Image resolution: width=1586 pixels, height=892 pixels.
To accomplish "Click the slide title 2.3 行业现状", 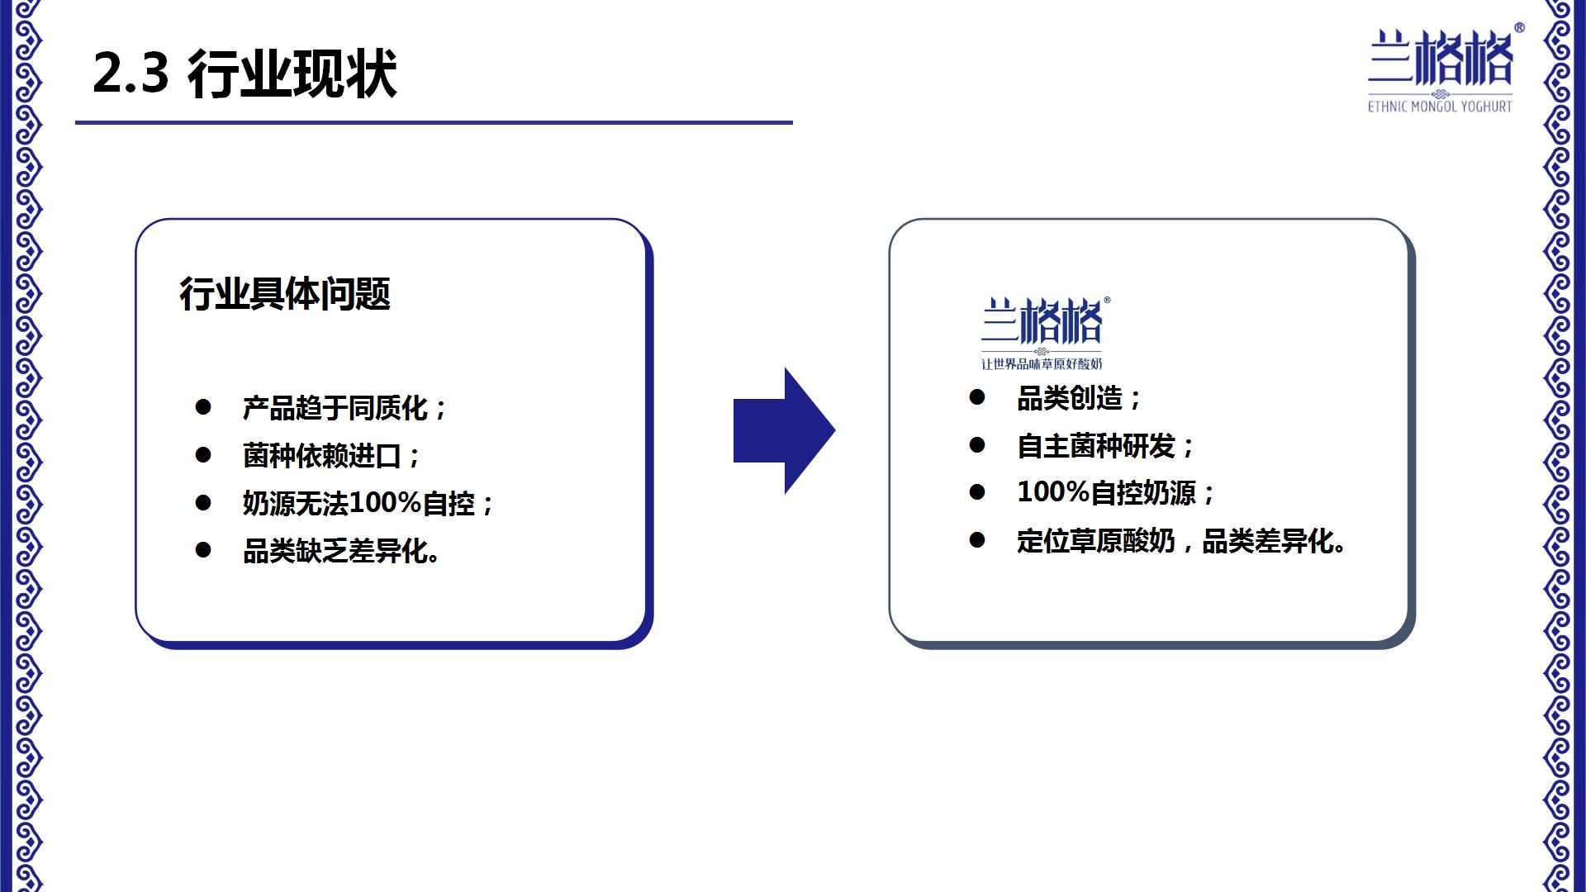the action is click(x=245, y=74).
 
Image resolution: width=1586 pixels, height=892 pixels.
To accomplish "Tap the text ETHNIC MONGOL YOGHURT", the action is click(x=1440, y=107).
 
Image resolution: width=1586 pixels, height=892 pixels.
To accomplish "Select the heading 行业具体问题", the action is click(x=285, y=294).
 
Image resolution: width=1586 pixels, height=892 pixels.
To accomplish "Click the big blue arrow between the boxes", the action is click(x=784, y=430).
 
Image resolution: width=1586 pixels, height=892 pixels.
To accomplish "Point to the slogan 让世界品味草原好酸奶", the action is click(x=1042, y=364).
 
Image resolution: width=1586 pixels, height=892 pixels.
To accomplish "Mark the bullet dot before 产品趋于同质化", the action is click(x=203, y=407).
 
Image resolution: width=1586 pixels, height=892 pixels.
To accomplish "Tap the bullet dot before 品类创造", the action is click(x=977, y=398).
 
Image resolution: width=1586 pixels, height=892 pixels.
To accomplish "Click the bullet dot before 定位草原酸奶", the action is click(x=977, y=541).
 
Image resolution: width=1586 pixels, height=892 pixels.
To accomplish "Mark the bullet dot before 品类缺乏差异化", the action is click(x=203, y=550).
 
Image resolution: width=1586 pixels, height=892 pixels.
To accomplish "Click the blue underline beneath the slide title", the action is click(x=434, y=122).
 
